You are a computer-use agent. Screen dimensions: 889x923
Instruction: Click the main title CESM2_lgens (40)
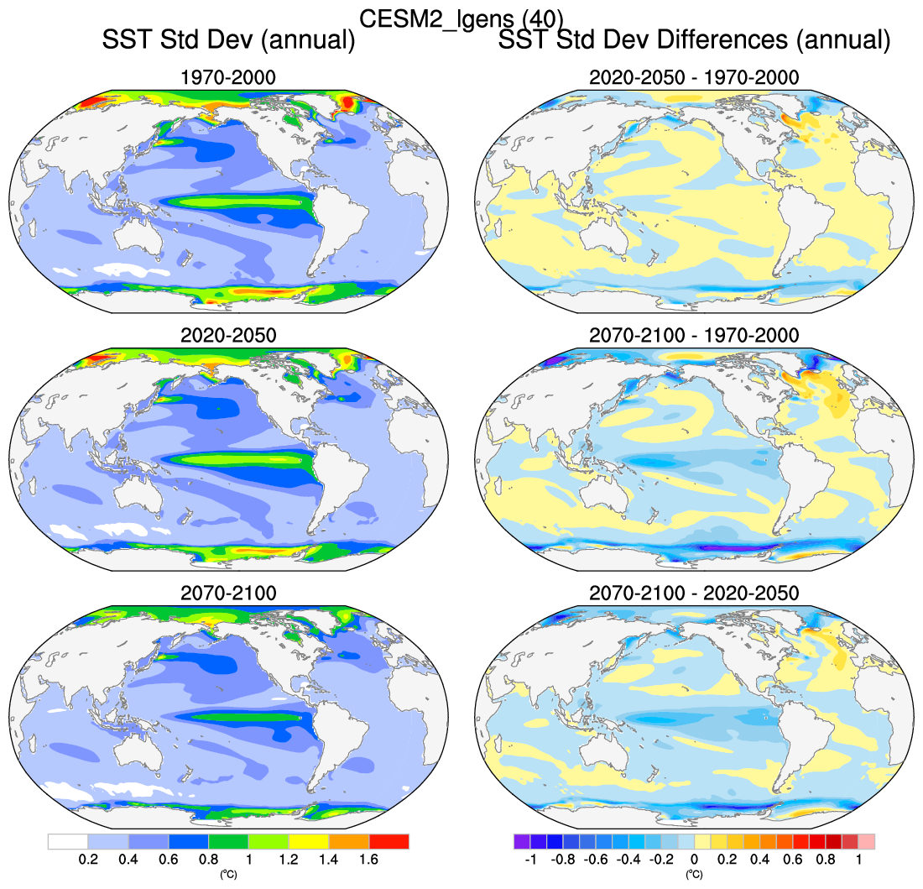(461, 18)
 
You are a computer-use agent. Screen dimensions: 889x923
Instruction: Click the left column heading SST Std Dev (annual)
(227, 39)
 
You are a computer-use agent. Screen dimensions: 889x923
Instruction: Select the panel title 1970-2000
(228, 78)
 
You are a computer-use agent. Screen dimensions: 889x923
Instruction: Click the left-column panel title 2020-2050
(228, 335)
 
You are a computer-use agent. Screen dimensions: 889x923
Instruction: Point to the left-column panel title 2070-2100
(228, 593)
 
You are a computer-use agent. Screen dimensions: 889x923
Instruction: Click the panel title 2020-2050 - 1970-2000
(694, 78)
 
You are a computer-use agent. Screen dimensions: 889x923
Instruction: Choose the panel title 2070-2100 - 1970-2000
(694, 335)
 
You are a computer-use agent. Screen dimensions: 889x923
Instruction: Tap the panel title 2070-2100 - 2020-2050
(694, 593)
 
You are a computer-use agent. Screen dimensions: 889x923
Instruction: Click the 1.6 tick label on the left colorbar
(368, 860)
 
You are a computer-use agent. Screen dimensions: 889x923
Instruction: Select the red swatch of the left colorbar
(389, 841)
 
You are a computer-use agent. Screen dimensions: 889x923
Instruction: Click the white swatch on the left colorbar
(68, 841)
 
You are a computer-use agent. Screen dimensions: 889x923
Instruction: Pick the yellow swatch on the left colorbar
(309, 841)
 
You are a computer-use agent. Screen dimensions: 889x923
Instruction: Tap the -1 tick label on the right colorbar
(529, 860)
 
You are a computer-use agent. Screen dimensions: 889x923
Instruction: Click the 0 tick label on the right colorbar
(694, 860)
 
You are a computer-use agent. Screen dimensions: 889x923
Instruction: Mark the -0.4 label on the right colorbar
(628, 860)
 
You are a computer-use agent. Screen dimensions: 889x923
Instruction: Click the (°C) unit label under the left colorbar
(228, 875)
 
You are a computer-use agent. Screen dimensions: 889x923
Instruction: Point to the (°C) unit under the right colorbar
(694, 875)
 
